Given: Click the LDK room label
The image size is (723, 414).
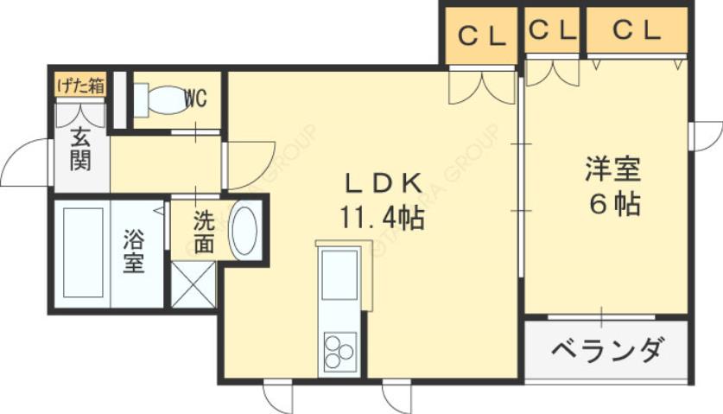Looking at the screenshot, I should click(384, 183).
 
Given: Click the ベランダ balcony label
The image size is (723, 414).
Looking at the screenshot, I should click(607, 351).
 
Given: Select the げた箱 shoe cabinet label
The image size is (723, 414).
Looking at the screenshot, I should click(80, 86).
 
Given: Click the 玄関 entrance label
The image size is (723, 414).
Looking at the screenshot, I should click(81, 148).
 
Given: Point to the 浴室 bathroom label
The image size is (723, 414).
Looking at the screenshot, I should click(133, 250).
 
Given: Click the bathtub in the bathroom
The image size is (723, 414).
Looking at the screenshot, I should click(83, 252).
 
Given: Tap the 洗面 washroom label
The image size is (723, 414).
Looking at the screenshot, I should click(203, 232).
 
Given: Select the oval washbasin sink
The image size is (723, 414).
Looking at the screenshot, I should click(244, 229).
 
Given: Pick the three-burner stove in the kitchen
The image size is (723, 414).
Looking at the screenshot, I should click(339, 351).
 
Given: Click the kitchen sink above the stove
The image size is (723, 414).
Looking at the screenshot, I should click(339, 274).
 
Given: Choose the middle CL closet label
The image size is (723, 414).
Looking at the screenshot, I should click(551, 31).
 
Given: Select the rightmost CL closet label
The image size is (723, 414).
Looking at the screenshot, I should click(637, 31).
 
